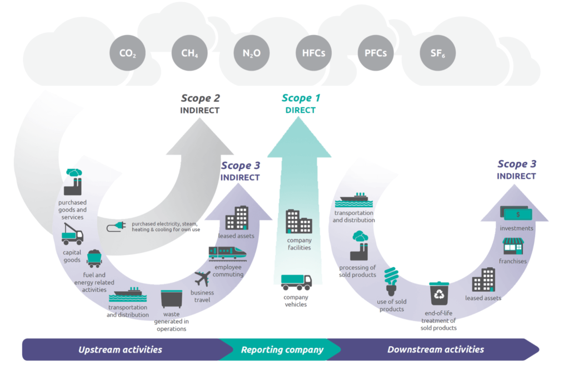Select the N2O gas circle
click(252, 53)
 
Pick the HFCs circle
click(313, 53)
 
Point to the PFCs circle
click(376, 53)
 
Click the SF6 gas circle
click(437, 53)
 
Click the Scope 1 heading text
click(301, 98)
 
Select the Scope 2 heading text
click(200, 98)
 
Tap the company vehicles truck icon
click(296, 282)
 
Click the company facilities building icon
click(298, 221)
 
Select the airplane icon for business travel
click(203, 278)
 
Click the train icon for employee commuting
click(227, 253)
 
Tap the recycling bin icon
click(438, 294)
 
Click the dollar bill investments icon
click(517, 213)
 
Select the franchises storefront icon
click(513, 245)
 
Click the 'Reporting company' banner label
click(282, 349)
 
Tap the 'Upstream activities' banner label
click(120, 349)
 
